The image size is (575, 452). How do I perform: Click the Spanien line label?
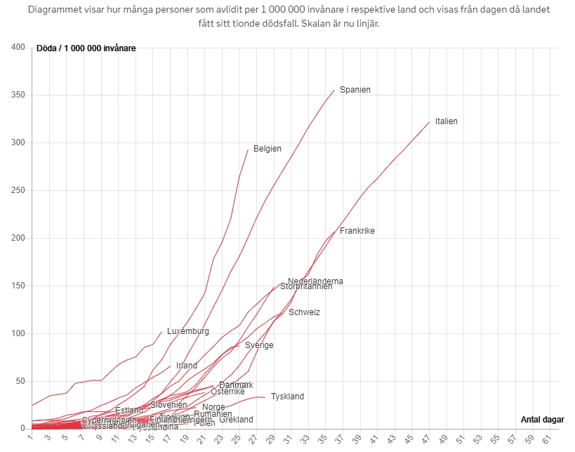pos(355,90)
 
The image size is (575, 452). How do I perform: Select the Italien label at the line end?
pos(446,121)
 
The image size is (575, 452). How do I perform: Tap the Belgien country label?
pos(267,149)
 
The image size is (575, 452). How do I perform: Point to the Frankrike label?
pos(357,231)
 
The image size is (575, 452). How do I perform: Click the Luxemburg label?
pos(188,331)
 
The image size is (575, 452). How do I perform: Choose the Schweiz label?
pos(304,312)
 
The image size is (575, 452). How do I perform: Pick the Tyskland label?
pos(287,397)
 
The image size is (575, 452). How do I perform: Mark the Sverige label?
pos(259,345)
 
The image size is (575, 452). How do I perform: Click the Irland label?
pos(187,366)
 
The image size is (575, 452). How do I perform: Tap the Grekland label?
pos(236,420)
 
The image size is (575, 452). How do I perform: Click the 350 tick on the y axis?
pos(18,95)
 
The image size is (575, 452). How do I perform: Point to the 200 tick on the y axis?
pos(18,238)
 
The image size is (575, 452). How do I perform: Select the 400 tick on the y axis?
pos(18,47)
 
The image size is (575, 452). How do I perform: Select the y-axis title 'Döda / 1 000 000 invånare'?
pos(86,48)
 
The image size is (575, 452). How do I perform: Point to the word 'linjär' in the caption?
pos(374,23)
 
